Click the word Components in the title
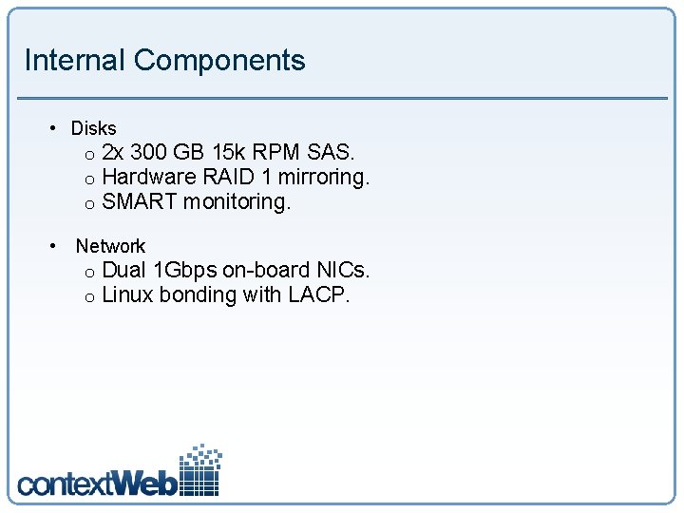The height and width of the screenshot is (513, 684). tap(219, 60)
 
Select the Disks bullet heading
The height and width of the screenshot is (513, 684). tap(94, 128)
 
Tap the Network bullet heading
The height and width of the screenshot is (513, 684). tap(110, 246)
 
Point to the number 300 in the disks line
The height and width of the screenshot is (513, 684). tap(149, 152)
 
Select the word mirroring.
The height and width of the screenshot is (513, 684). tap(323, 177)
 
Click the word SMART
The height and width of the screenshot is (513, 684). tap(140, 201)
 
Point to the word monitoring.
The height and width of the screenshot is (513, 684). tap(237, 201)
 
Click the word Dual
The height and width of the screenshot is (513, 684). tap(123, 270)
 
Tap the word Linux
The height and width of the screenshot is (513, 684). tap(127, 294)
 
